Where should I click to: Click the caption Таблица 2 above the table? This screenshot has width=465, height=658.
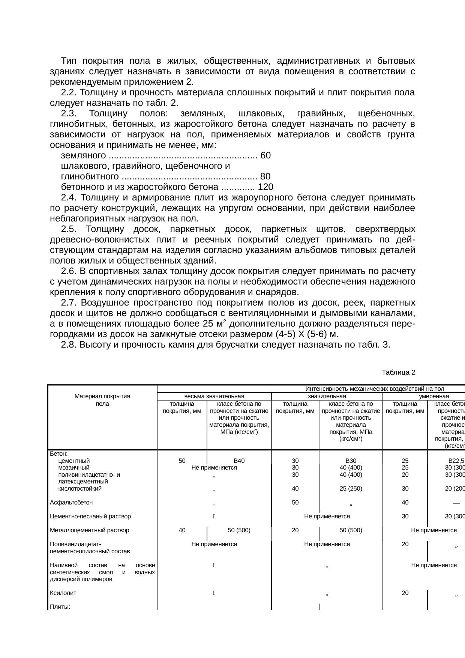pos(398,372)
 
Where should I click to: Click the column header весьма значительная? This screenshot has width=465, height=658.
pos(214,396)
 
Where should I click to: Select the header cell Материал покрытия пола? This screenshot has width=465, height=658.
pos(102,400)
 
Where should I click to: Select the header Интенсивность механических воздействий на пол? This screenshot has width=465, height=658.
pos(375,389)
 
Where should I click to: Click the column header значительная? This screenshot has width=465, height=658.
pos(327,396)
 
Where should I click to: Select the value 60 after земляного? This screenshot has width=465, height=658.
pos(265,155)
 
